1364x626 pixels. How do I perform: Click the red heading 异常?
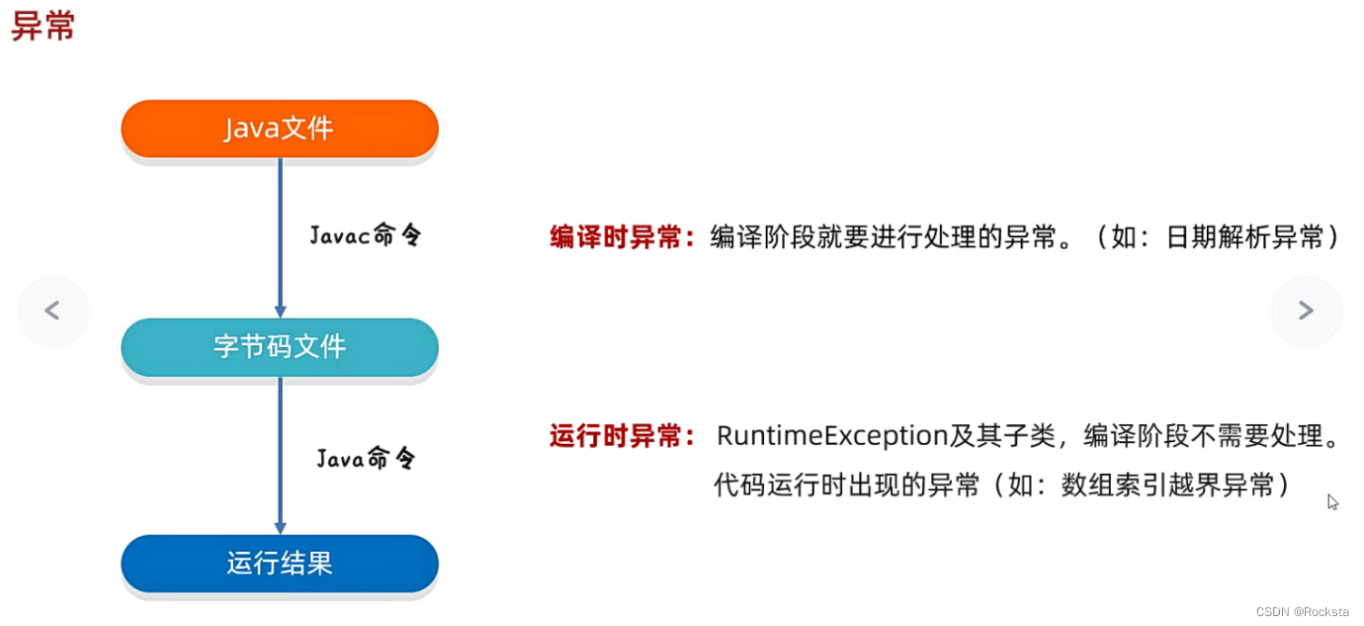coord(43,26)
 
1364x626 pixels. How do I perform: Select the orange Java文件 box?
coord(280,129)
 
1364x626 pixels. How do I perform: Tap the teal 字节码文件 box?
coord(280,347)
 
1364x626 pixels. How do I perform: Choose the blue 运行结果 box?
coord(280,564)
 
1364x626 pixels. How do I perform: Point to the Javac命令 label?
coord(365,235)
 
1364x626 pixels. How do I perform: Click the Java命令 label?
coord(366,458)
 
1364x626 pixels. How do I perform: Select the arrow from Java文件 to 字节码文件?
coord(280,237)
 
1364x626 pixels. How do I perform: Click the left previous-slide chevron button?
coord(52,311)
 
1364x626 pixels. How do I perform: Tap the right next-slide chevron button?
coord(1306,311)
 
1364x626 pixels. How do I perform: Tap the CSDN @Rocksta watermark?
coord(1302,612)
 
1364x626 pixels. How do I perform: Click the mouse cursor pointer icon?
coord(1331,501)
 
